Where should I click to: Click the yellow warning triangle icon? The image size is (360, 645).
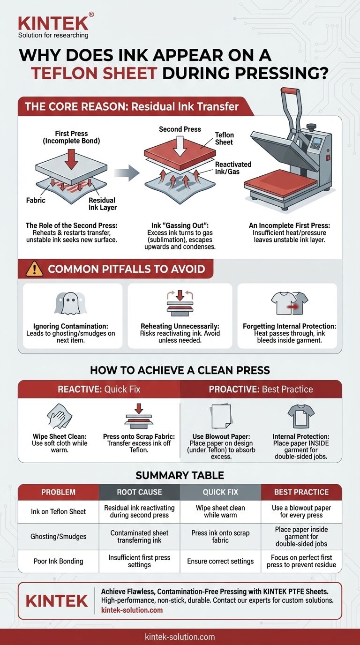[34, 269]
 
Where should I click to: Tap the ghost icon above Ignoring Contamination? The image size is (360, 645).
[71, 303]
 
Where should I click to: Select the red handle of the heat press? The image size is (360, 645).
[291, 91]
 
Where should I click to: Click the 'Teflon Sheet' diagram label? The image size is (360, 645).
[225, 138]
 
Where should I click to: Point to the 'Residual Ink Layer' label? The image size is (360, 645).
[103, 204]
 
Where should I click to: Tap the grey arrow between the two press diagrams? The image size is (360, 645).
[127, 173]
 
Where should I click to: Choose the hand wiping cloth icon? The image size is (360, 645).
[60, 416]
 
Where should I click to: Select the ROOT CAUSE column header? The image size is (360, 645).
[139, 492]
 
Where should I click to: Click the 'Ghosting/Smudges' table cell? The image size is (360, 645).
[59, 536]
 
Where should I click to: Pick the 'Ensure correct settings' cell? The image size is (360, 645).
[220, 561]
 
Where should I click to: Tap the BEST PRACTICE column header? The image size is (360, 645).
[301, 492]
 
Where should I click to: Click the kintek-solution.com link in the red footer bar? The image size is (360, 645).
[180, 637]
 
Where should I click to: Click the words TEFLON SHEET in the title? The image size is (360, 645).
[94, 74]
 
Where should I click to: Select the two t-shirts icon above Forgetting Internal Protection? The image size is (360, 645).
[289, 303]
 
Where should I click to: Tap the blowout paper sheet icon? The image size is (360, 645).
[221, 416]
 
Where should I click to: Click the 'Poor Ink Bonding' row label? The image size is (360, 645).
[59, 561]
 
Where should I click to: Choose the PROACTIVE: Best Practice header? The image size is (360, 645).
[261, 390]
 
